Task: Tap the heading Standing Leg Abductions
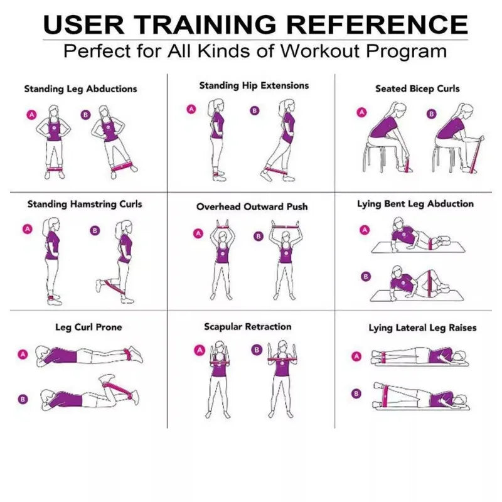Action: [x=80, y=89]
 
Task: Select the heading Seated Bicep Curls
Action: [x=417, y=88]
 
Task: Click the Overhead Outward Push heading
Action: [x=252, y=206]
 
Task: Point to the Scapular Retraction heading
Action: [x=247, y=327]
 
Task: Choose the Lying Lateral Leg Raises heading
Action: [x=422, y=328]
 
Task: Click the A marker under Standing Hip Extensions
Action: [x=191, y=109]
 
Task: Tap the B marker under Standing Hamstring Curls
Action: [x=95, y=230]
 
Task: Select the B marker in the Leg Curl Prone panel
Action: [x=23, y=398]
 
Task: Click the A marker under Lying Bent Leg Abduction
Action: [x=363, y=230]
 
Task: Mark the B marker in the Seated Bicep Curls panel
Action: [x=431, y=114]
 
